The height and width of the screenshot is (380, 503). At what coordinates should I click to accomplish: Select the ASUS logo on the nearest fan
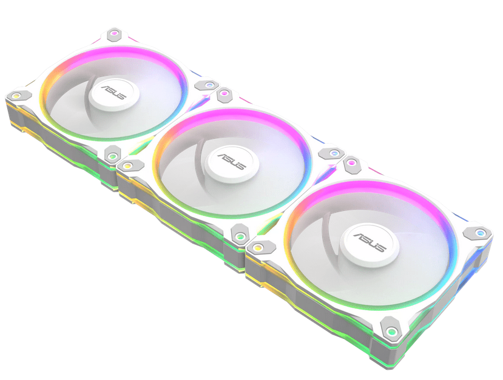pos(366,238)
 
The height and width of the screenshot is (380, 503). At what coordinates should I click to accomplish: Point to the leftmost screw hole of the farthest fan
pos(15,95)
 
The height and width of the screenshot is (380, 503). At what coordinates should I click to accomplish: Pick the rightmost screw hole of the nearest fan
pos(482,232)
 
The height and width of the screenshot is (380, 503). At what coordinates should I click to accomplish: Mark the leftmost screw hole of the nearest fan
pos(257,247)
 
